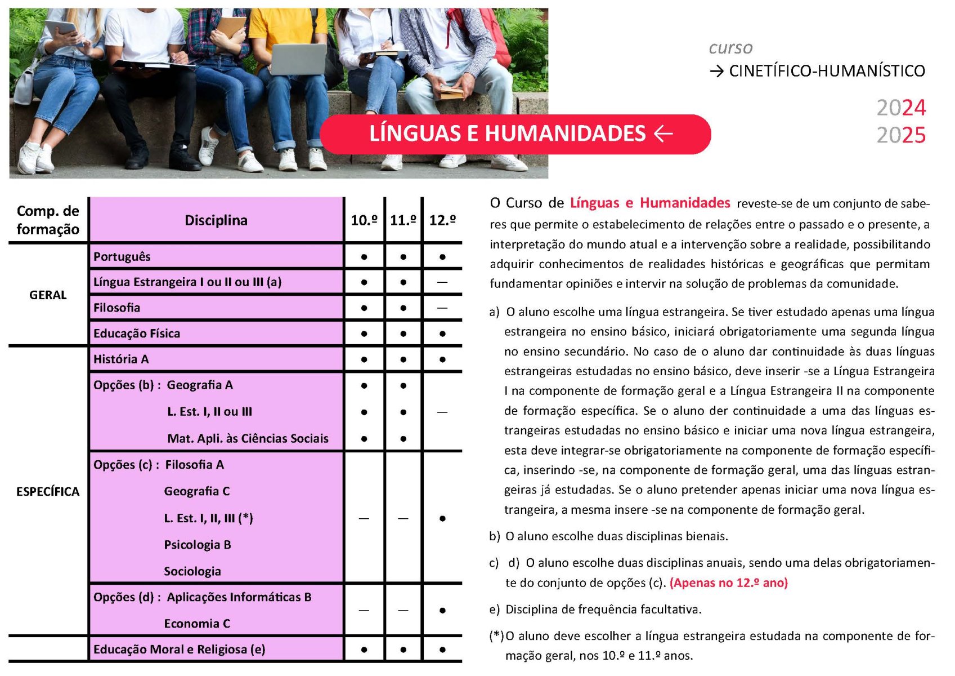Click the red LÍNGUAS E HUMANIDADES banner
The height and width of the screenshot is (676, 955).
[x=515, y=134]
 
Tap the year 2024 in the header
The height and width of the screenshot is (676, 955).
[x=900, y=108]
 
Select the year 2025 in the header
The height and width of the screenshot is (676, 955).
[x=900, y=135]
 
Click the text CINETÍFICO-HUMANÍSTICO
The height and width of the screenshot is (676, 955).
[x=826, y=71]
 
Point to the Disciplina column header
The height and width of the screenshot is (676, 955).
[x=216, y=220]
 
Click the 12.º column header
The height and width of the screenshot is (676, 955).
[x=442, y=220]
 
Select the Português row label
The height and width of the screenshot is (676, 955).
[x=122, y=257]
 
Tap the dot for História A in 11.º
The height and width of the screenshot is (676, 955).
[x=403, y=359]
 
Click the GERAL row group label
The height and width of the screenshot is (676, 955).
[x=48, y=295]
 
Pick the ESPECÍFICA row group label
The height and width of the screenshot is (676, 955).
[x=48, y=492]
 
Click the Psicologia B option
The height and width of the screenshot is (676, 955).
[x=198, y=545]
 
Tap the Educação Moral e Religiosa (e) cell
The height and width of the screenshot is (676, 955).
[x=179, y=650]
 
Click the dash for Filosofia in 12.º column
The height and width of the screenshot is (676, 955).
[x=442, y=308]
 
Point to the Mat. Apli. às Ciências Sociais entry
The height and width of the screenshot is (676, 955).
[x=248, y=438]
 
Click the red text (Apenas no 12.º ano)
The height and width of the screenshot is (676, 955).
[x=728, y=583]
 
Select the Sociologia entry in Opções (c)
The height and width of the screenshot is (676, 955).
[x=192, y=571]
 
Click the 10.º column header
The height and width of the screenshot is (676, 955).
[x=364, y=220]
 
